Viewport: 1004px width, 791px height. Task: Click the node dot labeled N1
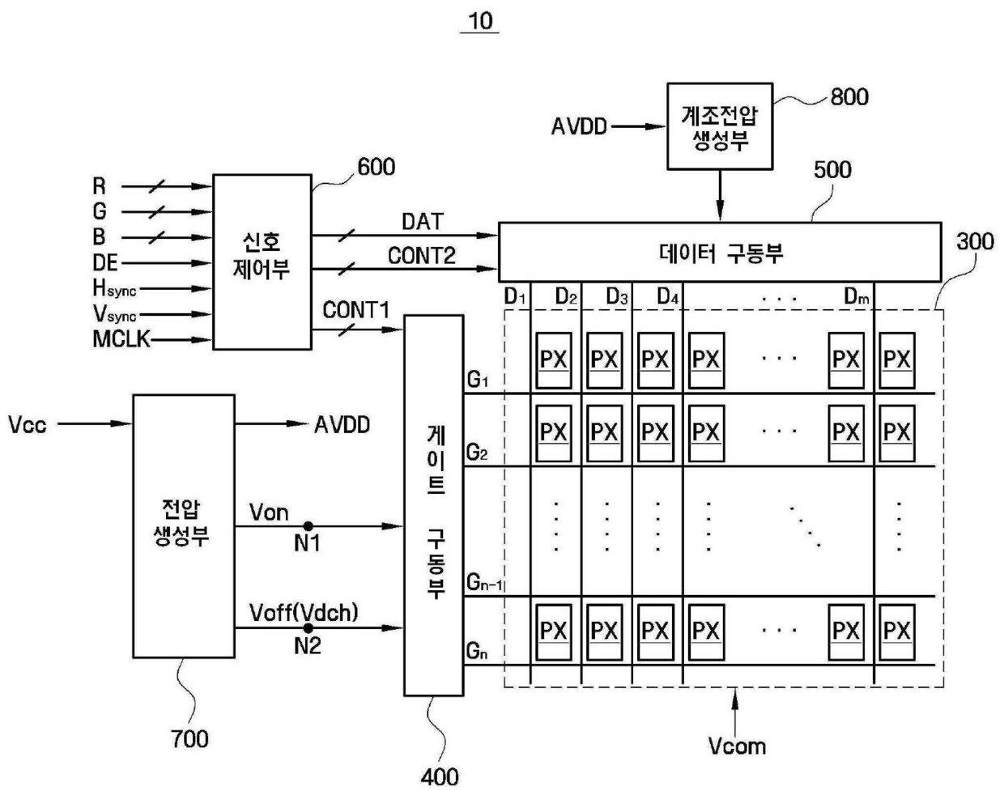308,526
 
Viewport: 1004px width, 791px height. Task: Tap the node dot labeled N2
308,627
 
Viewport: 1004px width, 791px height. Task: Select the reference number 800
849,97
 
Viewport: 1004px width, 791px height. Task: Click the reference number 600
376,167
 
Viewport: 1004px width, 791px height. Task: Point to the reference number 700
189,738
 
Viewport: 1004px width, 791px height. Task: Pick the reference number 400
440,777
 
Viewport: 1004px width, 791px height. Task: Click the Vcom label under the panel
737,746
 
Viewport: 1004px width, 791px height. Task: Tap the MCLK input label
121,338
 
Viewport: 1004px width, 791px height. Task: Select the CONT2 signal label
422,256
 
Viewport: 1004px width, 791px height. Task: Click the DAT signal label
423,222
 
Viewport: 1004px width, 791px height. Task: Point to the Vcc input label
28,425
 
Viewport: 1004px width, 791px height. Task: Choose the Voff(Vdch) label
304,612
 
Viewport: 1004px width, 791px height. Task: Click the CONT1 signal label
356,310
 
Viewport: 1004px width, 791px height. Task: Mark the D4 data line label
668,296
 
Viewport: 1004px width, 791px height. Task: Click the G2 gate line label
477,453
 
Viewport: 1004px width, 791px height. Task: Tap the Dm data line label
857,296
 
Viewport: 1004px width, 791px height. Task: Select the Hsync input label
114,288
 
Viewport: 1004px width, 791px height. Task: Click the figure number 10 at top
480,21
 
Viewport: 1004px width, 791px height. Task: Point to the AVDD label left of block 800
579,126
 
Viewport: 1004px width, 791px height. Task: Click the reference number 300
975,242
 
